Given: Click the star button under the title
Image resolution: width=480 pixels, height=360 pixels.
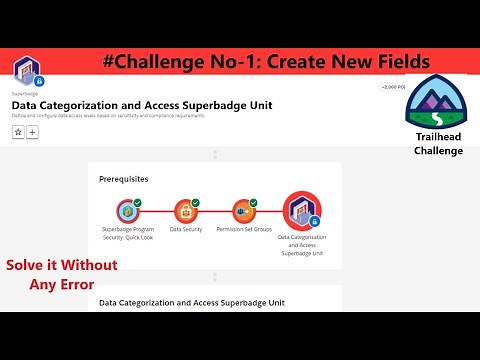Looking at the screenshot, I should (18, 131).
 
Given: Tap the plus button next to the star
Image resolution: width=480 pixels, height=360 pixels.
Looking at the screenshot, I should (32, 131).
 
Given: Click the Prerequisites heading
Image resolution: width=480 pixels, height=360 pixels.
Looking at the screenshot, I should (124, 179).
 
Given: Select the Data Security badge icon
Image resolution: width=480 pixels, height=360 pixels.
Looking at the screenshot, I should (185, 211).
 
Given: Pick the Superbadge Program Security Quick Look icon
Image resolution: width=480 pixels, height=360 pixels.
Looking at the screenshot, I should (127, 211).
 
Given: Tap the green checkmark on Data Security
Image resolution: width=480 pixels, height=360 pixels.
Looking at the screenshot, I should (195, 202).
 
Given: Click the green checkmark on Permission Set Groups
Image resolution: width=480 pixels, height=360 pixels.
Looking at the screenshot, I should (253, 202).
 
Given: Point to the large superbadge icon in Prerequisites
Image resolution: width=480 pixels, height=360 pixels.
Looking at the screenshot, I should (301, 210).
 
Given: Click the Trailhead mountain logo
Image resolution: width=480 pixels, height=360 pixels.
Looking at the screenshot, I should (436, 102).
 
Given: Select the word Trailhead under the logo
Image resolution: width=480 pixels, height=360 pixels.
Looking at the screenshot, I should (438, 137).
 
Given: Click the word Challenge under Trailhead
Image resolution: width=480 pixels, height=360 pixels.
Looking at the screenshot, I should (438, 151).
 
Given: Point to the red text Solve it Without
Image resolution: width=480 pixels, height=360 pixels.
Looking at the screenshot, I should (61, 265).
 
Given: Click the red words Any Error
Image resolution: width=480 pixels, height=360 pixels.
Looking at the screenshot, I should (62, 284).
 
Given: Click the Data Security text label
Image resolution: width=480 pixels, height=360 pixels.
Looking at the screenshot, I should (185, 229).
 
